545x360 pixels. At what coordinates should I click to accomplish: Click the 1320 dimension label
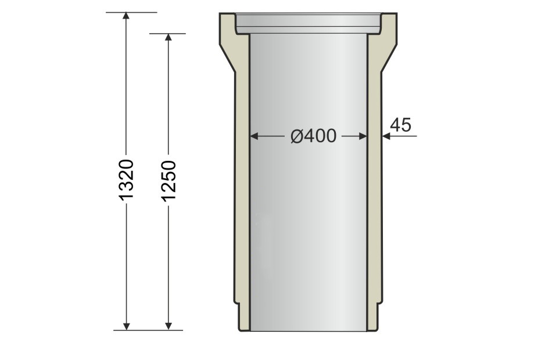click(126, 179)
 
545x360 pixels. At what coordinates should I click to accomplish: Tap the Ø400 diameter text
click(313, 136)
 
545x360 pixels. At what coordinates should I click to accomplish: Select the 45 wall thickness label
click(400, 125)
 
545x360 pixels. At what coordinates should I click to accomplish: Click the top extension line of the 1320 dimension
click(131, 12)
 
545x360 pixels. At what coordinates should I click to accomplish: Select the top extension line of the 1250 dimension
click(167, 34)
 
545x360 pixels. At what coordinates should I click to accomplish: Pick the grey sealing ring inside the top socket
click(308, 23)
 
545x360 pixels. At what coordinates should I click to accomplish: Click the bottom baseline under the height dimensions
click(148, 330)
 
